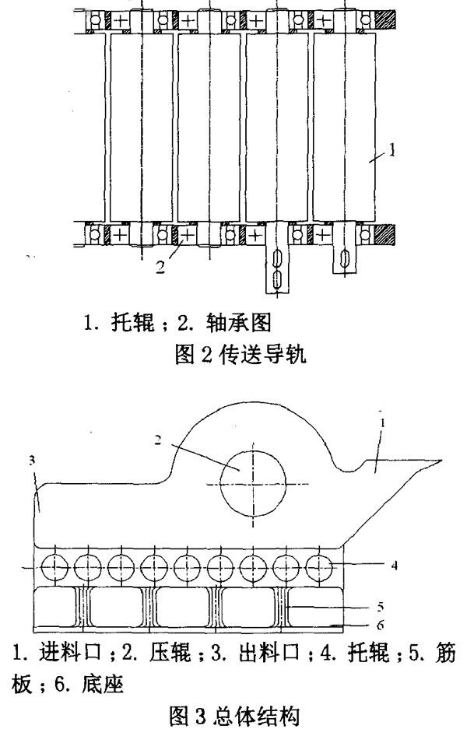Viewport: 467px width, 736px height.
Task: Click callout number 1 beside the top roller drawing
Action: (x=392, y=151)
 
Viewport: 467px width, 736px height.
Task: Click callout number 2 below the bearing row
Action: (x=160, y=267)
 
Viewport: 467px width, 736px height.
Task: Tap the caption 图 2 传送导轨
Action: (x=240, y=355)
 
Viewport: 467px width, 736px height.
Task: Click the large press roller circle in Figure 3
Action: (x=253, y=483)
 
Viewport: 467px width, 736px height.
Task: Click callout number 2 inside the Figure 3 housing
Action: (x=158, y=440)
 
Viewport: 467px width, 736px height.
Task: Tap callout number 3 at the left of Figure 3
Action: (x=32, y=461)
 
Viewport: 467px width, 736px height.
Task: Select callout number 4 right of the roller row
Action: (x=395, y=566)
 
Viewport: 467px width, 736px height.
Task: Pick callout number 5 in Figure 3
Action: (x=380, y=607)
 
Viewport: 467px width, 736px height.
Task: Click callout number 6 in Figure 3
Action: (x=380, y=625)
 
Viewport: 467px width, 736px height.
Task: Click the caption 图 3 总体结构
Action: (x=233, y=717)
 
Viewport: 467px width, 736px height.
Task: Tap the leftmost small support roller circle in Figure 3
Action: (x=55, y=566)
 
